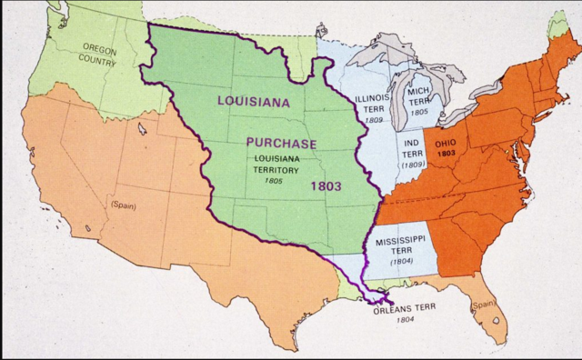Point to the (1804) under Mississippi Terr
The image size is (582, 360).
402,262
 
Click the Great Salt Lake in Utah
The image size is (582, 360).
144,129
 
